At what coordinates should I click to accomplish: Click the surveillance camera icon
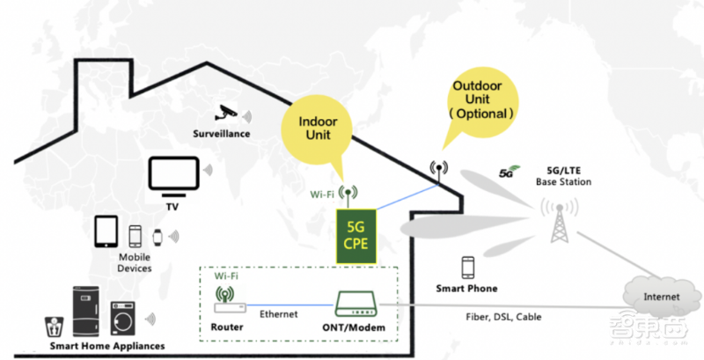pos(227,113)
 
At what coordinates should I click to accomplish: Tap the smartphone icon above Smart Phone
pos(467,268)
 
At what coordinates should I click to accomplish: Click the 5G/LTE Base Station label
pos(563,176)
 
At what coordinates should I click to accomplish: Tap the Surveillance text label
pos(222,134)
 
